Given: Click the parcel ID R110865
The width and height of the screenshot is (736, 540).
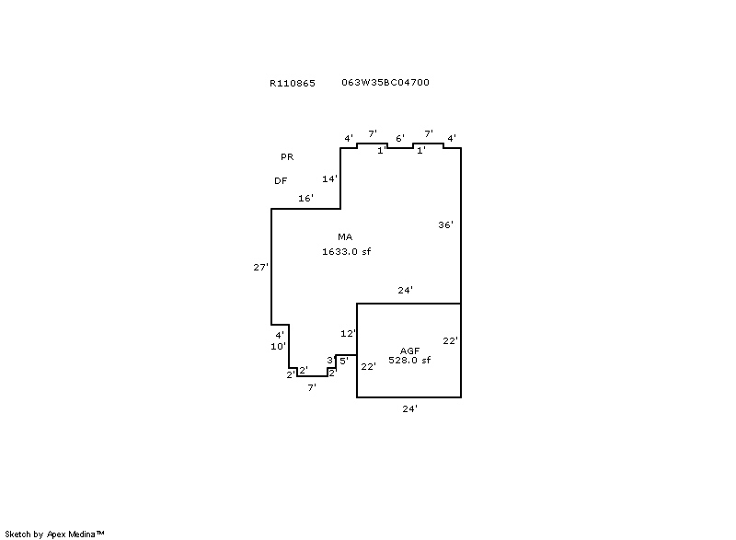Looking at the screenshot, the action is [x=293, y=83].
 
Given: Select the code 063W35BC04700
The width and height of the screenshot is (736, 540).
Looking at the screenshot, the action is [x=385, y=82].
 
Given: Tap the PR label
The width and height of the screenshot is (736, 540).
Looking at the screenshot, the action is [x=287, y=156].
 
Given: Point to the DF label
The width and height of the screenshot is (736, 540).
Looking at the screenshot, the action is [x=281, y=180].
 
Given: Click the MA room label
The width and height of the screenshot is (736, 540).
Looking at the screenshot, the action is [x=345, y=237].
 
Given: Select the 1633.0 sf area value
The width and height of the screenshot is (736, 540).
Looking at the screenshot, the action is [x=347, y=251].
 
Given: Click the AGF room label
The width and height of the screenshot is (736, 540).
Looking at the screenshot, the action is [x=409, y=350].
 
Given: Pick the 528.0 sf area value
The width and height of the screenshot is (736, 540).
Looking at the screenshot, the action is [x=409, y=360].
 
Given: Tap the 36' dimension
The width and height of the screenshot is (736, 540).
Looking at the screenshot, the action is [x=446, y=224].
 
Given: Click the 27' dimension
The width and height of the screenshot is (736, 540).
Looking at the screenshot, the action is [x=261, y=267].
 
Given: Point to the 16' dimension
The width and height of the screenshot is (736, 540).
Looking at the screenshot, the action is [x=306, y=198].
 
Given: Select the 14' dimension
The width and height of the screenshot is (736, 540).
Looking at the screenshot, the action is [x=330, y=178].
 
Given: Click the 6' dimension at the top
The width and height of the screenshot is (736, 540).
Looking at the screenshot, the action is [x=400, y=138].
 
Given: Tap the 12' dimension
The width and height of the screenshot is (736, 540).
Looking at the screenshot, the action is [x=349, y=334].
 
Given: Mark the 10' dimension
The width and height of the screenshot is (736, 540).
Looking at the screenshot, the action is [x=279, y=346].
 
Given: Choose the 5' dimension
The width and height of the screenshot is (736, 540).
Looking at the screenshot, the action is [x=344, y=361].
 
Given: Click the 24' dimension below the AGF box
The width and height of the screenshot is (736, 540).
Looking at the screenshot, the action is [x=410, y=408].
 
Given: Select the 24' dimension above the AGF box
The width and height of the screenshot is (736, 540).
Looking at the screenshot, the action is [x=406, y=290].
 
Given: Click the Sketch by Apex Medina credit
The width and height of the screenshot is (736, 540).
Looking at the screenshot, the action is [x=54, y=534].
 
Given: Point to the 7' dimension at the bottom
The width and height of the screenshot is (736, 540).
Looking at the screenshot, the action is [x=312, y=387].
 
